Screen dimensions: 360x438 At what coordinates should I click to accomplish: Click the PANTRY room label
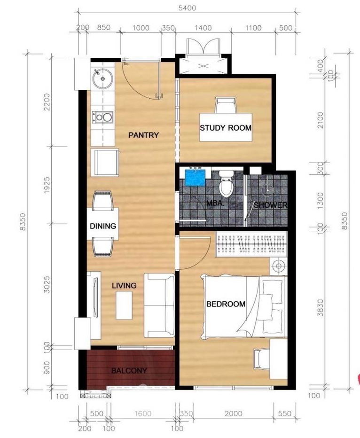tap(143, 135)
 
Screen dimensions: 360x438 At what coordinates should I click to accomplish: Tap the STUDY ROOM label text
tap(226, 128)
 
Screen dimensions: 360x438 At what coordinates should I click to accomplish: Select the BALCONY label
tap(129, 371)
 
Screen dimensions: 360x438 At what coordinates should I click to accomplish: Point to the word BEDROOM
tap(226, 304)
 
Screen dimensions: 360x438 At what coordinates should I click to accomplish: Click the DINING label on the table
tap(103, 226)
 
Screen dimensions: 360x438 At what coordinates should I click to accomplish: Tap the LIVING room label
tap(124, 285)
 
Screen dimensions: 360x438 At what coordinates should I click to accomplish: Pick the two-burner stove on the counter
tap(103, 117)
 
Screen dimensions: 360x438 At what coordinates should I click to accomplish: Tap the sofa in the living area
tap(159, 305)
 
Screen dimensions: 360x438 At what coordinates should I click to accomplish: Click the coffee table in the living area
tap(124, 305)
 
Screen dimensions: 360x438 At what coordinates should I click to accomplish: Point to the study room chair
tap(226, 105)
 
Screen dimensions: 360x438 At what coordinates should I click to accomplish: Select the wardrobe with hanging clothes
tap(251, 244)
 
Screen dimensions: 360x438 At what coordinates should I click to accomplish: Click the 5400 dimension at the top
tap(187, 8)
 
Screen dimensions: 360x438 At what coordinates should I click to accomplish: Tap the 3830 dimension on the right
tap(321, 308)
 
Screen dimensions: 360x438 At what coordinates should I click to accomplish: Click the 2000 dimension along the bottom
tap(234, 413)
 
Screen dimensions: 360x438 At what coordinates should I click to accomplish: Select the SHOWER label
tap(270, 205)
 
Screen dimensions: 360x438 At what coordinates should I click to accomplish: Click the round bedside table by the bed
tap(278, 266)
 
